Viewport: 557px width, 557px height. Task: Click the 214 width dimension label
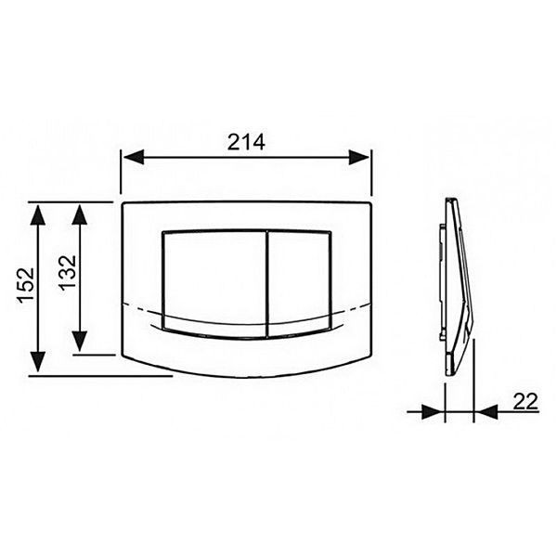246,142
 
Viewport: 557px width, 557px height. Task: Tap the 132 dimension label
68,273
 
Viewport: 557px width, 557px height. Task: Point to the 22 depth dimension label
525,402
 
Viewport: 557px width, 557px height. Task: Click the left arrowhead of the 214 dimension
134,157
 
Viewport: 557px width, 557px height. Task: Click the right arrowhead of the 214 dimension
358,157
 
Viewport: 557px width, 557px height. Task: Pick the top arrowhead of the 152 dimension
38,215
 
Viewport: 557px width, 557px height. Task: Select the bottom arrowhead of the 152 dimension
38,362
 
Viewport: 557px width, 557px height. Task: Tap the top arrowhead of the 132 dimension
79,214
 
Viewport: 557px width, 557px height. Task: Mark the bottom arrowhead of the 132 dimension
79,342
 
